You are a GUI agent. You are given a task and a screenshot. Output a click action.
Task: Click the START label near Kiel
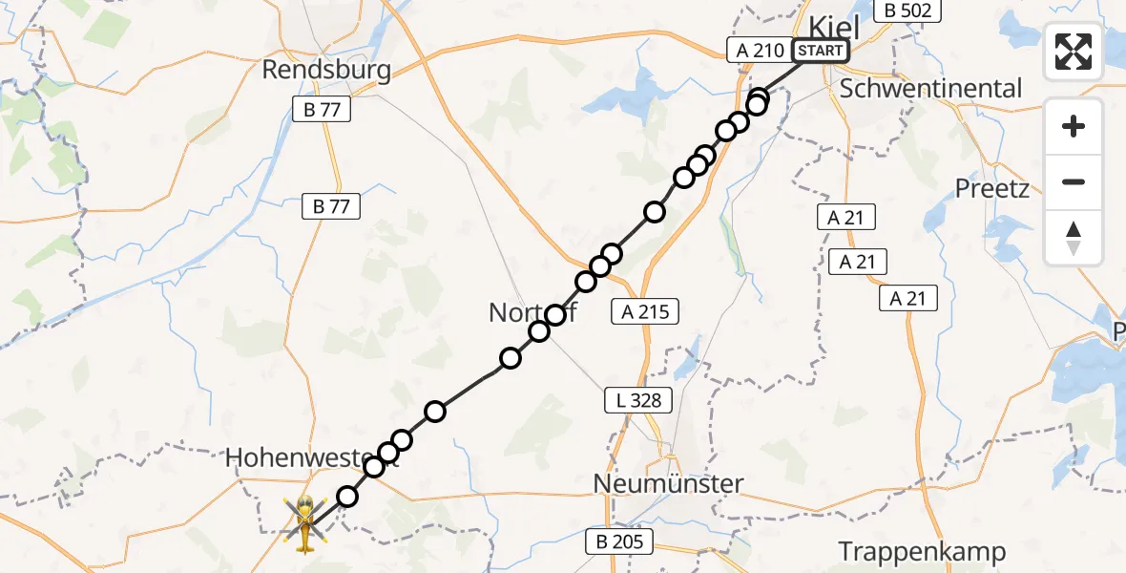820,51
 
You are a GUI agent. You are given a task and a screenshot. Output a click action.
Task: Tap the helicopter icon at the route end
304,523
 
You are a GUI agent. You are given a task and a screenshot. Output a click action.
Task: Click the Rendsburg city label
327,71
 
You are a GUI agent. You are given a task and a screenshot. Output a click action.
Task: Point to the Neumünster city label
667,484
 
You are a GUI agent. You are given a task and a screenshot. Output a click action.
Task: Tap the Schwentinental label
930,89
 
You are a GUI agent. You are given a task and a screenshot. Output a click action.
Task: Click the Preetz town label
992,188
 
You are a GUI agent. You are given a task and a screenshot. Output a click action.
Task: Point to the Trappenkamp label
922,552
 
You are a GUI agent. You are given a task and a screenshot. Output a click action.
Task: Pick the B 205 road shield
619,542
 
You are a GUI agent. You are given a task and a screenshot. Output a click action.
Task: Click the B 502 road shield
910,11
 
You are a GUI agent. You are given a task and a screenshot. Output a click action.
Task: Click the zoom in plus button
1074,126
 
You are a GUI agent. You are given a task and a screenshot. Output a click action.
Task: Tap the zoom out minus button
1074,181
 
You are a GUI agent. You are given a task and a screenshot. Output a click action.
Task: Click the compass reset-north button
1074,238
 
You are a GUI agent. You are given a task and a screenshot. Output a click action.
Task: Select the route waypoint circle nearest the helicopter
347,497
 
